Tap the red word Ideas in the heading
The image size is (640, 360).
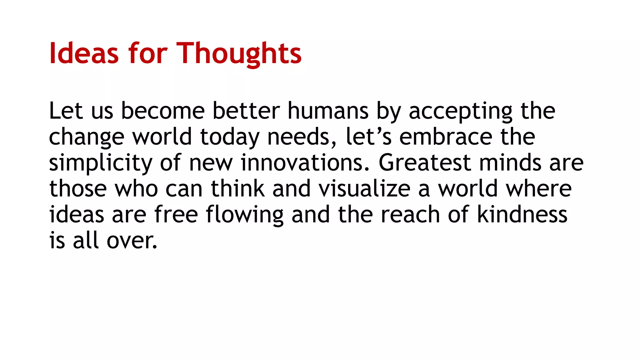84,54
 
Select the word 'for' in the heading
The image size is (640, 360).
148,54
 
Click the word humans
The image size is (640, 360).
328,111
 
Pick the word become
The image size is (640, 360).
163,111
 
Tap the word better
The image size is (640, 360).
246,111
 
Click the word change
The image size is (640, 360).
87,138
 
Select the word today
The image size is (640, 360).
230,138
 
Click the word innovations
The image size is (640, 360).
305,163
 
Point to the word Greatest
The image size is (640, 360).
425,163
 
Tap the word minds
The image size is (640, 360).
510,163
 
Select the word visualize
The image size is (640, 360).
364,189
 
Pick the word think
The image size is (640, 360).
238,189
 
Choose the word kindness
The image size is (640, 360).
522,215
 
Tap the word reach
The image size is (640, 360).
410,215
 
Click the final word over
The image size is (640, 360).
132,241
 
